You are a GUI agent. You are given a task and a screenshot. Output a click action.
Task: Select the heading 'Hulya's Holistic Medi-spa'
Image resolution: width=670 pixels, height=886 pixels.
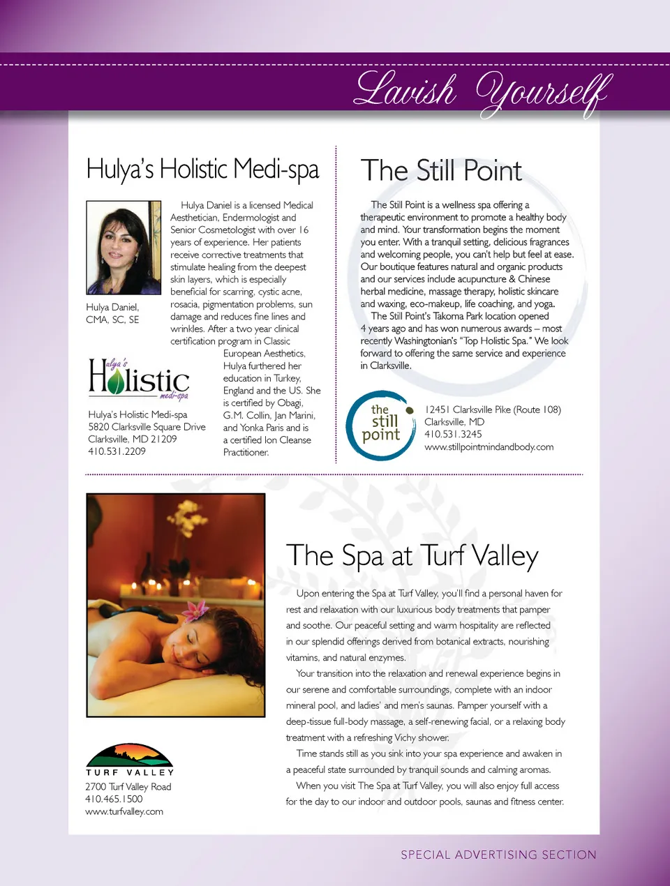[202, 170]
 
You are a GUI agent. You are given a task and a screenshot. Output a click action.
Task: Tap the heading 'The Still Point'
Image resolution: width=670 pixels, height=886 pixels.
[441, 171]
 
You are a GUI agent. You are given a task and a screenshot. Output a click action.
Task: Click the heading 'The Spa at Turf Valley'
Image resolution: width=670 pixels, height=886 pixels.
[412, 556]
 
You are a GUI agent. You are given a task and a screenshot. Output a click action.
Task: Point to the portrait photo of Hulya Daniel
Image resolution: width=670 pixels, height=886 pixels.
[124, 248]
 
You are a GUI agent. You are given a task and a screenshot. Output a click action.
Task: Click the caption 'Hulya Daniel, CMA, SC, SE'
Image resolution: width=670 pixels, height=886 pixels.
[112, 313]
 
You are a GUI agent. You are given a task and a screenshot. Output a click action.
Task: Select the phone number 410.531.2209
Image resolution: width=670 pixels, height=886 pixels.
[117, 451]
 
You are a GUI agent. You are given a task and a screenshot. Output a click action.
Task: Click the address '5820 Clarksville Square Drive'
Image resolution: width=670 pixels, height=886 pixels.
[147, 427]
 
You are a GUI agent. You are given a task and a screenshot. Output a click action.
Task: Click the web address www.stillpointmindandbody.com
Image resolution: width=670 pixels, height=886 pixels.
[489, 446]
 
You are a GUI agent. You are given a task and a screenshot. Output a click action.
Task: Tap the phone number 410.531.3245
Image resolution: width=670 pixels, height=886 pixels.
[453, 434]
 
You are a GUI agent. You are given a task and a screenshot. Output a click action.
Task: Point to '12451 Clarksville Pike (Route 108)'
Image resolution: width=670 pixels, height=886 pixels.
[493, 410]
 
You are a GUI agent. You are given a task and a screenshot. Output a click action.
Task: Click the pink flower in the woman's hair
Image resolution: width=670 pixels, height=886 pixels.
[195, 611]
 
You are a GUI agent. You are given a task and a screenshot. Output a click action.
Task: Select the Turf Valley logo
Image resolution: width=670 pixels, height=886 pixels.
[129, 760]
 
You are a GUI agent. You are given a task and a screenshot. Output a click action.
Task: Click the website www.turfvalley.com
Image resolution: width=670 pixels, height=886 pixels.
[124, 811]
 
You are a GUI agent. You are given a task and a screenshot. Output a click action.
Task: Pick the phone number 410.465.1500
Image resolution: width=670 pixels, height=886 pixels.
[114, 799]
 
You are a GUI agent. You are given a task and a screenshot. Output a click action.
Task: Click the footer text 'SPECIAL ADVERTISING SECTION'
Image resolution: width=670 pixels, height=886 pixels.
[498, 855]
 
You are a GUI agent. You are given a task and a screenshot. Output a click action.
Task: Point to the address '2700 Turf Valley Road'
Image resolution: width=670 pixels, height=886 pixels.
[128, 786]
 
